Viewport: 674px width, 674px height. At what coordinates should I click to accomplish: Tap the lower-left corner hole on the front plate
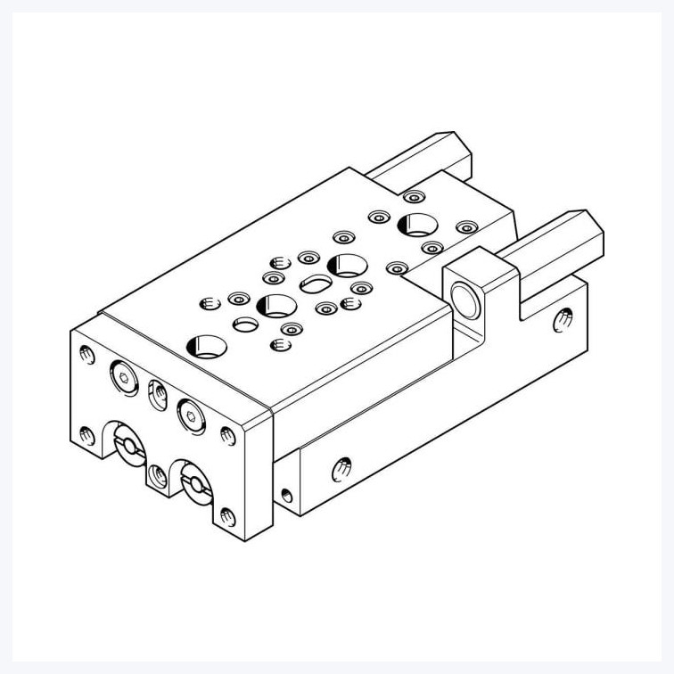tap(86, 436)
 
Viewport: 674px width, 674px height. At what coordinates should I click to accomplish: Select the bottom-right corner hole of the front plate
tap(227, 514)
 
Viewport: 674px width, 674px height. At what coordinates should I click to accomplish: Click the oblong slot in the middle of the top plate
tap(316, 284)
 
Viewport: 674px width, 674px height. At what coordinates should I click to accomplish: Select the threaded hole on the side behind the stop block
tap(563, 316)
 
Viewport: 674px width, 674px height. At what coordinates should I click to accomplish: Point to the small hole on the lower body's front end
tap(286, 493)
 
